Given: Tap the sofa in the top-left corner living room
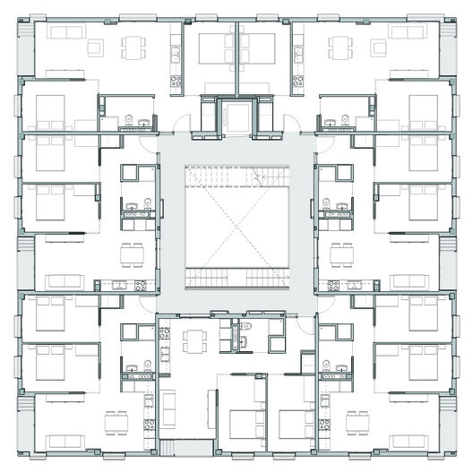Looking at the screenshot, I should (64, 31).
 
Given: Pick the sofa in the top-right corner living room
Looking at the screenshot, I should (408, 31).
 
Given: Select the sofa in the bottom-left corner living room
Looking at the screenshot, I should (64, 441).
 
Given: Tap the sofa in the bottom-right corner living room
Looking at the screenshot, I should (408, 441).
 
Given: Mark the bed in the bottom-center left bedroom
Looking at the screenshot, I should (242, 425).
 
